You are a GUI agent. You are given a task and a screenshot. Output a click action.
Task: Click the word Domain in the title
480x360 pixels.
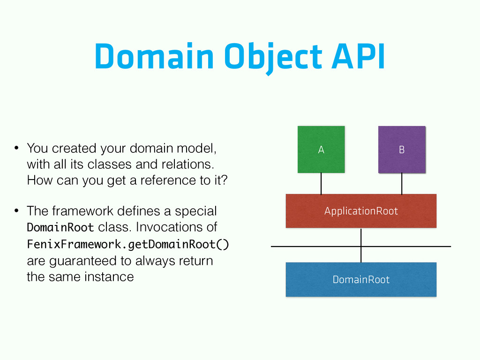pos(154,56)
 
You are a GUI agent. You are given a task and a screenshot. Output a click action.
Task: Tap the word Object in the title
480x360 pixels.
pos(273,58)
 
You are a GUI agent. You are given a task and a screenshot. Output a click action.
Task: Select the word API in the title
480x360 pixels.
pos(358,56)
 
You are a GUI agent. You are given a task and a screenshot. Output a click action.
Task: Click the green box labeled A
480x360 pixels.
pos(321,150)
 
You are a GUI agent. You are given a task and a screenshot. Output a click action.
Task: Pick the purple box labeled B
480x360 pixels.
pos(402,150)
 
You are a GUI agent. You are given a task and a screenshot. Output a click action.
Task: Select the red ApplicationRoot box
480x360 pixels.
pos(361,211)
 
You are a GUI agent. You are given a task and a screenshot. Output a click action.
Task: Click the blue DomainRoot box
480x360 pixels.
pos(361,279)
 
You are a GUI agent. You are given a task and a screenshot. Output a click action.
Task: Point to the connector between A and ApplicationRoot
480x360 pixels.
pos(321,183)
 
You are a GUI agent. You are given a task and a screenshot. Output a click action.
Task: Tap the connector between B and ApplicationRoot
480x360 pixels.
pos(402,183)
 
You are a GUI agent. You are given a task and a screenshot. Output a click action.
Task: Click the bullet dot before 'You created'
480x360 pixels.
pos(16,148)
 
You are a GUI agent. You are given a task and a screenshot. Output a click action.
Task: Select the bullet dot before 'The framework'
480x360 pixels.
pos(16,211)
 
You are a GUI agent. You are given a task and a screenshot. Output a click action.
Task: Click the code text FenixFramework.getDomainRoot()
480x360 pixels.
pos(128,244)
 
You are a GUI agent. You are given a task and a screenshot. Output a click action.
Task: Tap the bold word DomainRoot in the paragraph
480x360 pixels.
pos(60,227)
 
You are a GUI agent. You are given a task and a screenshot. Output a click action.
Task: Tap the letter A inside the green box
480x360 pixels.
pos(321,150)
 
